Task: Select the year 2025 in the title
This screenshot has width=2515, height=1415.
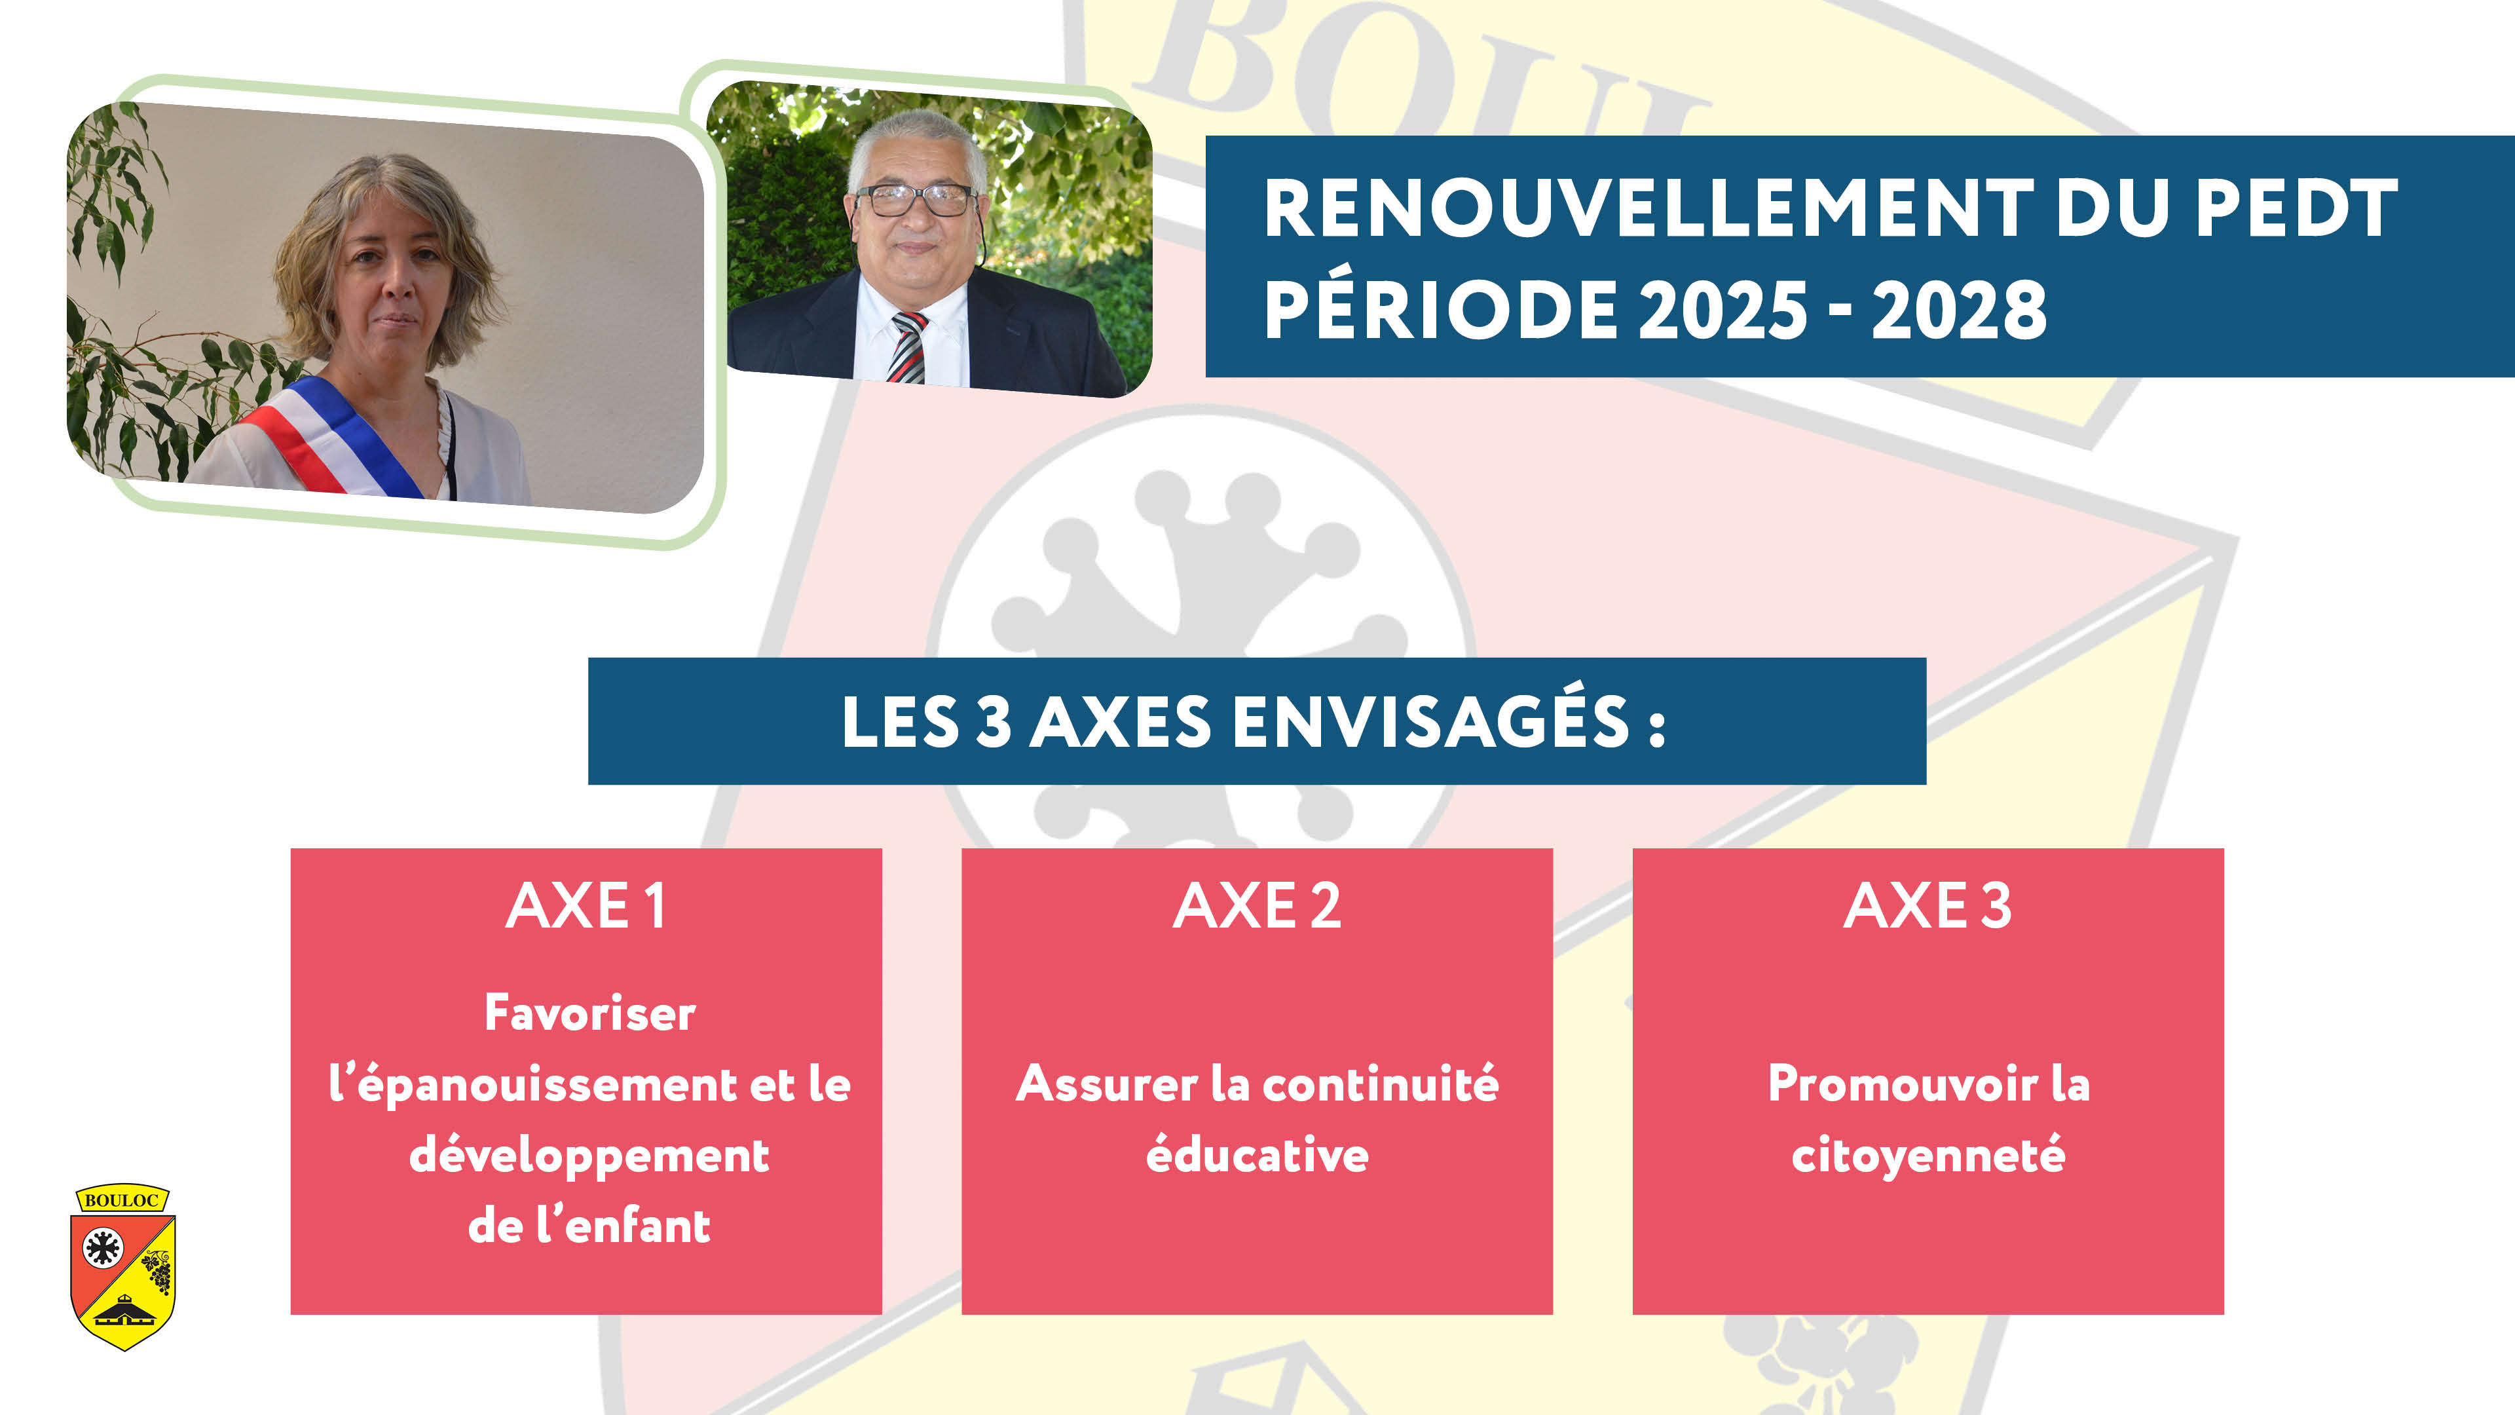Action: tap(1723, 310)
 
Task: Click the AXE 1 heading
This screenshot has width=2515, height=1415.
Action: tap(586, 906)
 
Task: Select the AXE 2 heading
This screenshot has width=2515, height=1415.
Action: tap(1257, 906)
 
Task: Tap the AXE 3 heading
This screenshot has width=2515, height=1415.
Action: tap(1928, 906)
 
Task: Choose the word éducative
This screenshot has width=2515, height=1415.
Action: tap(1257, 1154)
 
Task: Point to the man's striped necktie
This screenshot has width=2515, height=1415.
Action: tap(907, 347)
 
